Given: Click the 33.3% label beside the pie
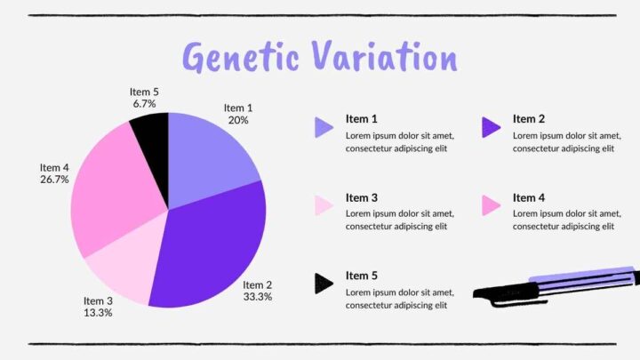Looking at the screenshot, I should (258, 297).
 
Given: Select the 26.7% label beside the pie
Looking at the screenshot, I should (54, 180).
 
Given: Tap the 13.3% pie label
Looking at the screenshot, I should (98, 313).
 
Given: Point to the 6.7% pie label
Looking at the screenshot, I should (144, 104).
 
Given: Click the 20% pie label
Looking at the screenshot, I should (238, 120).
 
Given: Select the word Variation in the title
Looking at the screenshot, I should (385, 57).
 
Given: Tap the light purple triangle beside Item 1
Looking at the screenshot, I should (324, 128).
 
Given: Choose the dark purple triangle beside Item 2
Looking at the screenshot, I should (491, 128).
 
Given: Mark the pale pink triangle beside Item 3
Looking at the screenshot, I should (324, 206).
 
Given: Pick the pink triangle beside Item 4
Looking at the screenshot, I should (491, 206).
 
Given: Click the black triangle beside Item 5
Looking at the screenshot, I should (324, 284).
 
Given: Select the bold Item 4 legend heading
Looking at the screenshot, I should (529, 197).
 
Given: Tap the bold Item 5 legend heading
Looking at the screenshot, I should (362, 276).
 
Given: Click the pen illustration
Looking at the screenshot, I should (556, 286).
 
